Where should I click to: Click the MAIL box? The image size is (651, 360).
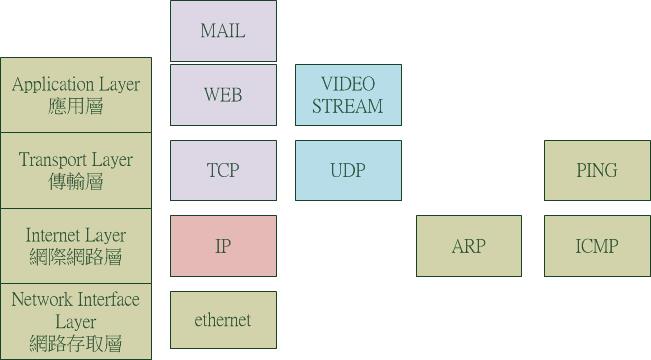(x=223, y=31)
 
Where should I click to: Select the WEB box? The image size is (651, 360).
(x=223, y=95)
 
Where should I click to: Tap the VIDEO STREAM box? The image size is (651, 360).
(x=348, y=95)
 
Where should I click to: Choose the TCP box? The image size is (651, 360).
(x=223, y=170)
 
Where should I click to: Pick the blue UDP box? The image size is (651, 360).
(x=348, y=170)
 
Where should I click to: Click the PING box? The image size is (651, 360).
(x=597, y=170)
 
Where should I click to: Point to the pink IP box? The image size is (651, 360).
(x=223, y=246)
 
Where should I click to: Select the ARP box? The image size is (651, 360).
(x=469, y=246)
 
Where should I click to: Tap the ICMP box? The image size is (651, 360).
(x=597, y=246)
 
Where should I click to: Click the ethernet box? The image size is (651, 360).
(x=223, y=320)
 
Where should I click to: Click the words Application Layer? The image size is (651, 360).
(x=76, y=85)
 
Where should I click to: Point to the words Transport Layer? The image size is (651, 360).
(x=76, y=160)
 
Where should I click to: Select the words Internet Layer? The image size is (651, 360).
(x=76, y=235)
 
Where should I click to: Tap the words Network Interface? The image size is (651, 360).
(x=76, y=299)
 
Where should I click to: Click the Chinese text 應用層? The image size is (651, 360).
(x=76, y=107)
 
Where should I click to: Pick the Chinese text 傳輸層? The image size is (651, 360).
(x=76, y=182)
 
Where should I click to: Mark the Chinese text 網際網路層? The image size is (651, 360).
(x=76, y=257)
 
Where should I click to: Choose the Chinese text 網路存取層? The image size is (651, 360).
(x=76, y=343)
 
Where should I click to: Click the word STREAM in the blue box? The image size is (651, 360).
(x=348, y=106)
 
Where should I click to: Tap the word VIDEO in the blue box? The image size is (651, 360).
(x=348, y=84)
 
